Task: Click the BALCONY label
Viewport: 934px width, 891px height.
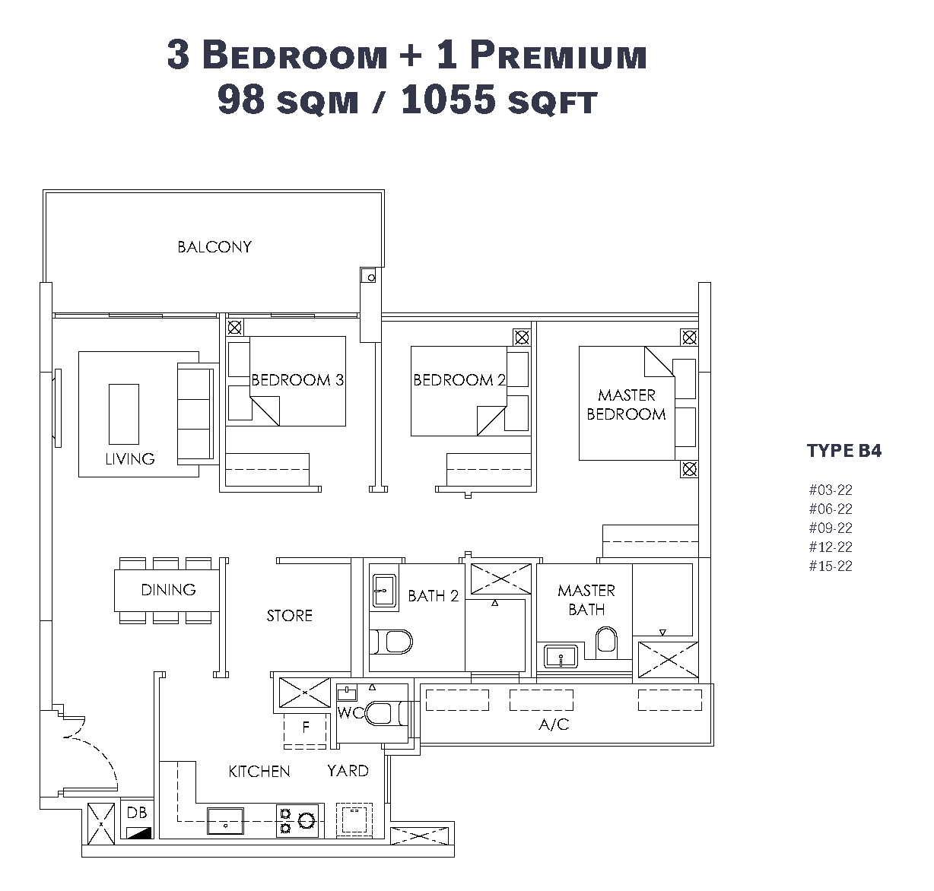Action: (x=214, y=247)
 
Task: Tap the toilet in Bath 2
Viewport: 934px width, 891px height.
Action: (x=390, y=642)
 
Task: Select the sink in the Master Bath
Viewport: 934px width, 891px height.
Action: (x=561, y=657)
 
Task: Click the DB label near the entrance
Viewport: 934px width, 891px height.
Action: (x=137, y=813)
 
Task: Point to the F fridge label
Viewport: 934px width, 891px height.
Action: (x=306, y=727)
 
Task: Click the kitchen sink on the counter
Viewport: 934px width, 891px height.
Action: (x=225, y=821)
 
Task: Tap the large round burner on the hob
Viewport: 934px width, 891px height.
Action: (x=307, y=820)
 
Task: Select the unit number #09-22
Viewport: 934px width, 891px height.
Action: (x=831, y=528)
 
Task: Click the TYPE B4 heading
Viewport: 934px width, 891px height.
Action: (x=844, y=451)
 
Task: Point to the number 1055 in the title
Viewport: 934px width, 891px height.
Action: (x=449, y=100)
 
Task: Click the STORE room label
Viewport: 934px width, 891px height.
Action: (x=289, y=616)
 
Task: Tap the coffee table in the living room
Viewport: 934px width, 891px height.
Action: (x=124, y=414)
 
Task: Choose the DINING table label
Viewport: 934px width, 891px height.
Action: (x=168, y=590)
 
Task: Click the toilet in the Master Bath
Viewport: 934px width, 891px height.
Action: (x=606, y=642)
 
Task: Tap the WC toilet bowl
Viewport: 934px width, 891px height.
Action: (x=386, y=713)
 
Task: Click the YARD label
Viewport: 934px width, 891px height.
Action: (x=348, y=771)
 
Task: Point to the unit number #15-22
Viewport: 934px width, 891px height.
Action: (x=831, y=566)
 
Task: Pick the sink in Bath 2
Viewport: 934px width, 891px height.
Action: (x=384, y=591)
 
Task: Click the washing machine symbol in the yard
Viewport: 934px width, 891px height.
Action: (x=354, y=820)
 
